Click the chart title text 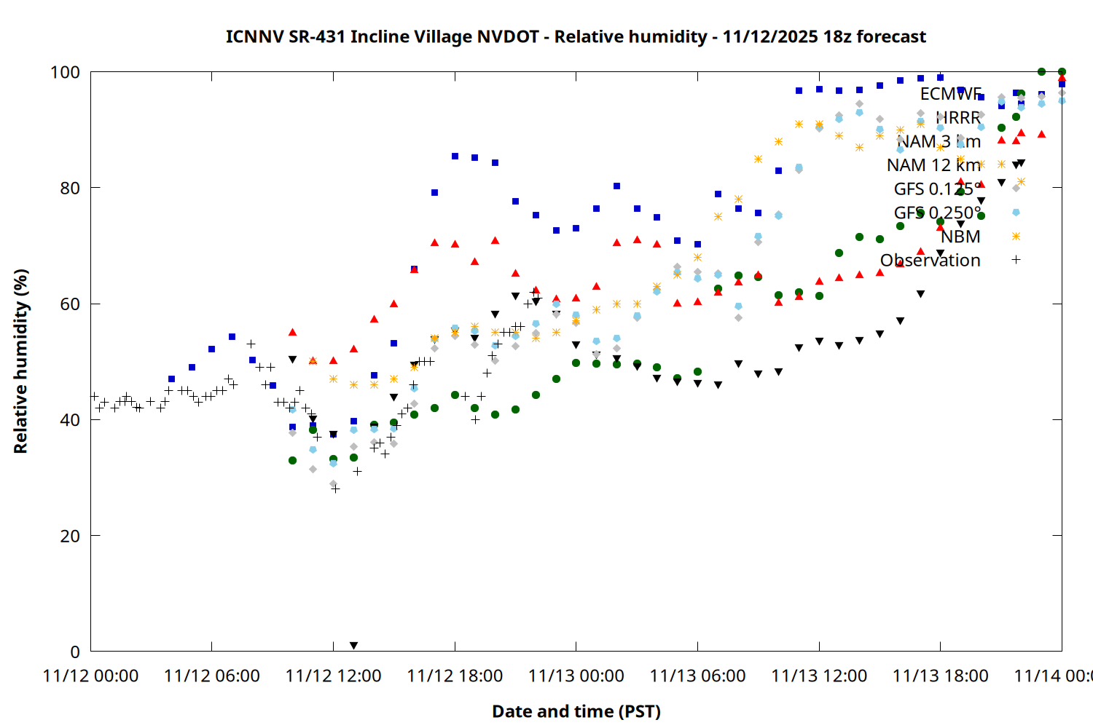click(576, 36)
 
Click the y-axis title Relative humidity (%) click(20, 361)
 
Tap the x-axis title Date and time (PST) click(576, 711)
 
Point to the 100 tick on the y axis click(65, 72)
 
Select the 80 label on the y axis click(68, 188)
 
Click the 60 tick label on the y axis click(68, 304)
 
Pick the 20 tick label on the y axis click(68, 536)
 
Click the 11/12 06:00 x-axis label click(211, 676)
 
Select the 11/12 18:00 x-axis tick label click(455, 676)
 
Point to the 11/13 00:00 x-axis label click(576, 676)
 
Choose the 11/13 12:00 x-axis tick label click(819, 676)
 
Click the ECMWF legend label click(950, 94)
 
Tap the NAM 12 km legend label click(933, 165)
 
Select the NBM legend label click(960, 237)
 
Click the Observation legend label click(930, 261)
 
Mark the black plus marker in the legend click(1016, 259)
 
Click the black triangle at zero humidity click(353, 646)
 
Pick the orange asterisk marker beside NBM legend click(1016, 236)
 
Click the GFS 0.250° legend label click(937, 213)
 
